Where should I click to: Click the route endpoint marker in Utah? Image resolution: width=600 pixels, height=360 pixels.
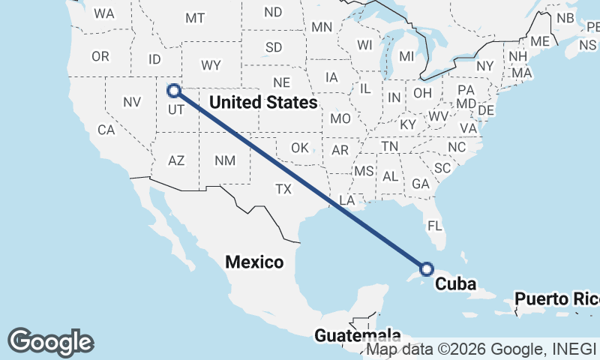174,91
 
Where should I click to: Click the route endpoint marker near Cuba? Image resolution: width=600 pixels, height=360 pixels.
427,268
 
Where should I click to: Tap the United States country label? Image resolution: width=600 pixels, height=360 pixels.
263,102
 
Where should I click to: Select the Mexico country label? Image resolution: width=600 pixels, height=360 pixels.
255,262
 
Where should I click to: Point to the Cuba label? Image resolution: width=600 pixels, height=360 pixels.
456,284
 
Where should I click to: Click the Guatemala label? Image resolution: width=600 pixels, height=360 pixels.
357,335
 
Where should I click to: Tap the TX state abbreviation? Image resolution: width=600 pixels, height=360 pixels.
283,189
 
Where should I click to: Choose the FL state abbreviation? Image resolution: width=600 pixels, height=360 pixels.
434,225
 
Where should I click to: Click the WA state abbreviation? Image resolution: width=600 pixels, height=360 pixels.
104,13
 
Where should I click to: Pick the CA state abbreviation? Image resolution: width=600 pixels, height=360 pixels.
106,130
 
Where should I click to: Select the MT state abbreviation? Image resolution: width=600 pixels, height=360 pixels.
195,18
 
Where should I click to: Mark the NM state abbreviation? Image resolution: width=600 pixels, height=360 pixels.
224,160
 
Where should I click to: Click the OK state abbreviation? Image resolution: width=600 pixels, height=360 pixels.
299,148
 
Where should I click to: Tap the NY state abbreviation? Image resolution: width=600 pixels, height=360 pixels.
485,66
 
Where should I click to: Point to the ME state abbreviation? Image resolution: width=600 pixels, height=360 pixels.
540,41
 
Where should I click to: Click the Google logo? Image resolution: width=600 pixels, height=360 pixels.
50,341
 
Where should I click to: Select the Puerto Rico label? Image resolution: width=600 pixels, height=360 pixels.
556,299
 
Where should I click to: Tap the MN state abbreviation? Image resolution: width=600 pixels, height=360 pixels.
322,27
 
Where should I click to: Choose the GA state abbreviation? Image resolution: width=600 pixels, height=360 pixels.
421,184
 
